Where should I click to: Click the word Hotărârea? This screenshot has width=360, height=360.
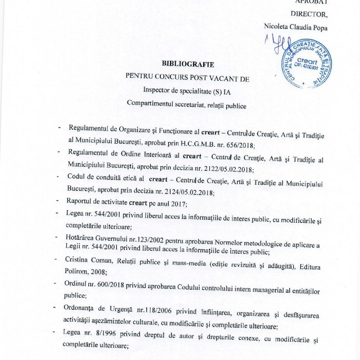click(79, 237)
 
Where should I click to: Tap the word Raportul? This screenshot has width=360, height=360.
click(78, 201)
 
